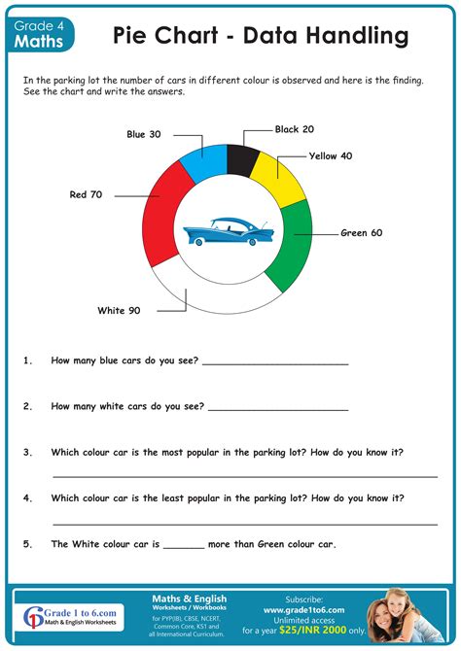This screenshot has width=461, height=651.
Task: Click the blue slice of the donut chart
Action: click(204, 161)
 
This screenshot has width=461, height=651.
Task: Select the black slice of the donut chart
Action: click(241, 158)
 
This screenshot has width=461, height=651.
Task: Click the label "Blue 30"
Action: click(144, 134)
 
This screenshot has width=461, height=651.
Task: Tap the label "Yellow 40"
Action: click(331, 155)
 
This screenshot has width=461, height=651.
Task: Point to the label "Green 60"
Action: click(361, 233)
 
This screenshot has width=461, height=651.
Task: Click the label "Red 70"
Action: click(87, 194)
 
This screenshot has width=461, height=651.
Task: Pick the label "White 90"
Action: click(119, 311)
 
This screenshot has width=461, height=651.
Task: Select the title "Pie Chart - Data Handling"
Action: click(260, 37)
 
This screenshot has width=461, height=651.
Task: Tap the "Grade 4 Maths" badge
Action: click(40, 35)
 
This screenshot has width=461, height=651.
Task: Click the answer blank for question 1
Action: click(275, 362)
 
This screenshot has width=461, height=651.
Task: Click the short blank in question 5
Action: click(184, 546)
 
